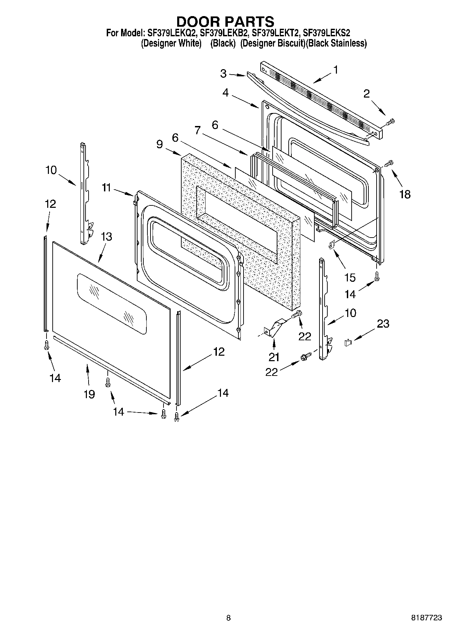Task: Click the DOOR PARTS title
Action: (225, 21)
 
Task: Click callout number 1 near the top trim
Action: (336, 70)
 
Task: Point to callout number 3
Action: (223, 74)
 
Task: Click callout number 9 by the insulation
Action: (160, 144)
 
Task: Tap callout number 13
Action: (106, 237)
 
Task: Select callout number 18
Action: (405, 194)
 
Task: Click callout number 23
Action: (383, 324)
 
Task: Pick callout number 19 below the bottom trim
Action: (89, 394)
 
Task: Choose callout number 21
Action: (274, 357)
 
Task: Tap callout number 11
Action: (106, 187)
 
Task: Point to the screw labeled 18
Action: (389, 163)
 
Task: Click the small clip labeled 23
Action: (348, 342)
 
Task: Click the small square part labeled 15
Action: (331, 244)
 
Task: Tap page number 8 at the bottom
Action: (228, 618)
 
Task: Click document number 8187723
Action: (426, 618)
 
